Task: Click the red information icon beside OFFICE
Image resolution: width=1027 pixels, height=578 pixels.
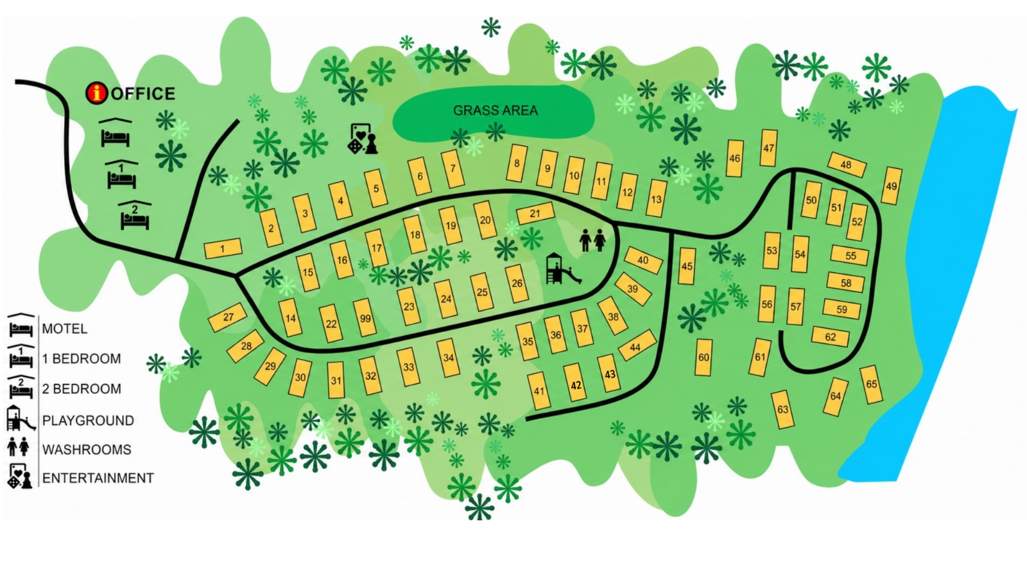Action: click(97, 93)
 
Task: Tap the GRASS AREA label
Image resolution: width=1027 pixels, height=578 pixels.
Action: click(495, 110)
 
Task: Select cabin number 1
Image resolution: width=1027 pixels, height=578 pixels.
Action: click(223, 249)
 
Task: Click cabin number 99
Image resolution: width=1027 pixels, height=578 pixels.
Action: click(365, 318)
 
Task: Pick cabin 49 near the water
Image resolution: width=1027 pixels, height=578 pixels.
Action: click(891, 186)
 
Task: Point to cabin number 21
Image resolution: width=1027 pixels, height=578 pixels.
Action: click(535, 214)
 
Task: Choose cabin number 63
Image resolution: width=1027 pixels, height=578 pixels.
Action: click(782, 410)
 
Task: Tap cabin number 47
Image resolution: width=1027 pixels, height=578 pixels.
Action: click(768, 148)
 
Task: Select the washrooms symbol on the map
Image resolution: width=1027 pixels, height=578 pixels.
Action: click(592, 240)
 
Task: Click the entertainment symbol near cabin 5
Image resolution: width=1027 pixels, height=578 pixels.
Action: click(363, 139)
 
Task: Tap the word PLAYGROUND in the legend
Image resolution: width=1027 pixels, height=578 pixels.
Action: click(88, 421)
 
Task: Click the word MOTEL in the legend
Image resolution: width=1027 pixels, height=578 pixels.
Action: click(64, 329)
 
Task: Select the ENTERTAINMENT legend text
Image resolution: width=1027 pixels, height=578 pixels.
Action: click(98, 478)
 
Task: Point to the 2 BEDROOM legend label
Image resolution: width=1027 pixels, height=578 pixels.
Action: click(81, 389)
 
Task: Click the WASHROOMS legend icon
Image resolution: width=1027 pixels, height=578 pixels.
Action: click(19, 447)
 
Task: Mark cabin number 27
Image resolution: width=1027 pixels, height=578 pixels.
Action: click(228, 317)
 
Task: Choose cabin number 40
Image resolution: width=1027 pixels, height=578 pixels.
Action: click(643, 260)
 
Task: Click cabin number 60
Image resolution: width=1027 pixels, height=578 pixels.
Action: click(703, 357)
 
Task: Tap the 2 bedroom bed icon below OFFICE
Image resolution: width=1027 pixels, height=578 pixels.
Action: click(135, 216)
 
